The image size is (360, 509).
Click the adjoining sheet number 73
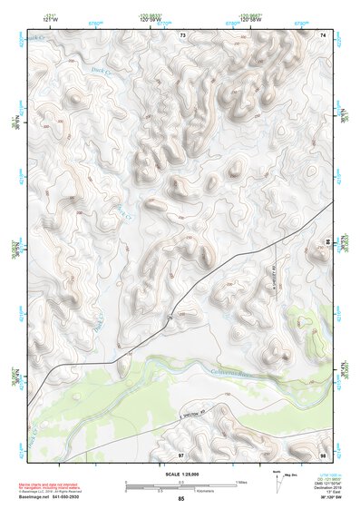tap(182, 34)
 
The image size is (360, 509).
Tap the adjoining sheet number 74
tap(323, 34)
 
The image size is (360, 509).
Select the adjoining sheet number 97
tap(180, 453)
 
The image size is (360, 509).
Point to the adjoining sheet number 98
tap(323, 453)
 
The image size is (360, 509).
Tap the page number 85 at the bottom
tap(180, 499)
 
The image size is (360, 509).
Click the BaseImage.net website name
tap(44, 496)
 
